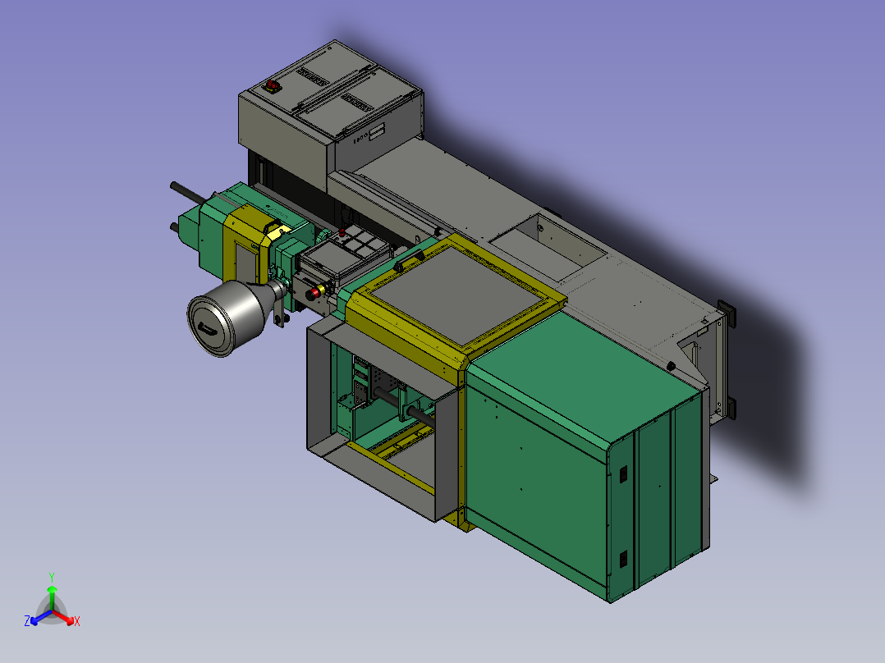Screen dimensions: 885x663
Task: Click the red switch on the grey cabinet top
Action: [272, 86]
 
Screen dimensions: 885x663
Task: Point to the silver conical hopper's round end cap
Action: [210, 326]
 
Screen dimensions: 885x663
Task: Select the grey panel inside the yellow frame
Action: [458, 295]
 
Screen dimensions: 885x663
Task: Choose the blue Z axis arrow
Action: [40, 618]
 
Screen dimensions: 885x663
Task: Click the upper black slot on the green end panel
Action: [623, 474]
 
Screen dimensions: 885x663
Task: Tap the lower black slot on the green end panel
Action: [623, 559]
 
